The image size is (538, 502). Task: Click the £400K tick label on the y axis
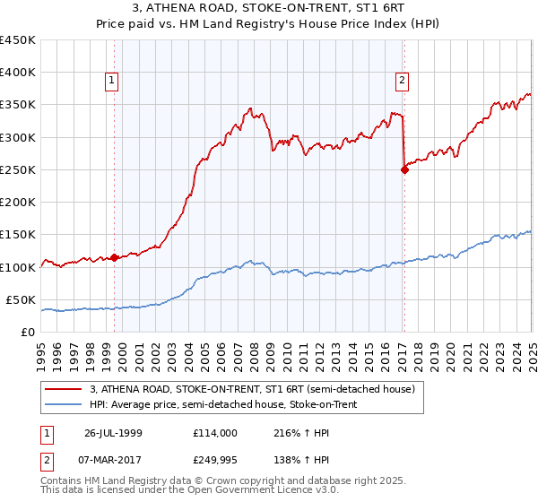click(x=18, y=73)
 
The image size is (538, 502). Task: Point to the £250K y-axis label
click(x=18, y=169)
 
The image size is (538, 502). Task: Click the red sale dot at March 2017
click(x=404, y=170)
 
